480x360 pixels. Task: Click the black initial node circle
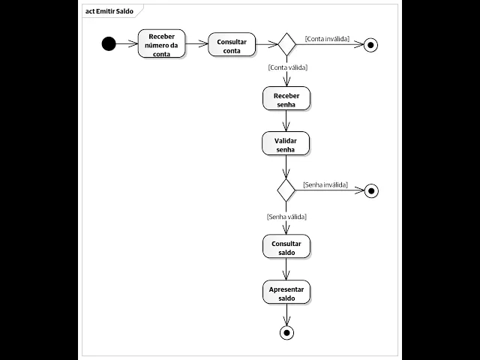(109, 43)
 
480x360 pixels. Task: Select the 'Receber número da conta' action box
(161, 44)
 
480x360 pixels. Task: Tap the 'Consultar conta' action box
(232, 45)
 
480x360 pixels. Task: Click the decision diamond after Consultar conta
(286, 44)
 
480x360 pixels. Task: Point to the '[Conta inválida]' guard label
(328, 38)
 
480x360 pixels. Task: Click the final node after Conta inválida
(370, 45)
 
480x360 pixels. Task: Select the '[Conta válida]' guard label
(288, 67)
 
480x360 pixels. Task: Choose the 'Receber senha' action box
(286, 100)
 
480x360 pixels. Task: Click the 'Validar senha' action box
(286, 144)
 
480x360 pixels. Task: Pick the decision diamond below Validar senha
(286, 190)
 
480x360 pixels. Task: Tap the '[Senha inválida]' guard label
(325, 184)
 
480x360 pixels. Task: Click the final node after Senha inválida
(370, 190)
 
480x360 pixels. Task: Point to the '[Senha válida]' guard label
(286, 217)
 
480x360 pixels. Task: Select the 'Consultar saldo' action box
(286, 247)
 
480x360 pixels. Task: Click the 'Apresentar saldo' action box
(286, 292)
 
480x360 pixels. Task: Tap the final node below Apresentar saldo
(286, 332)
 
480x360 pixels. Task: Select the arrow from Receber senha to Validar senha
(286, 121)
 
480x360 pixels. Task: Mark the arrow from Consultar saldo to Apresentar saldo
(286, 270)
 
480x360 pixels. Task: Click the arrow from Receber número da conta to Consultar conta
(196, 44)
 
